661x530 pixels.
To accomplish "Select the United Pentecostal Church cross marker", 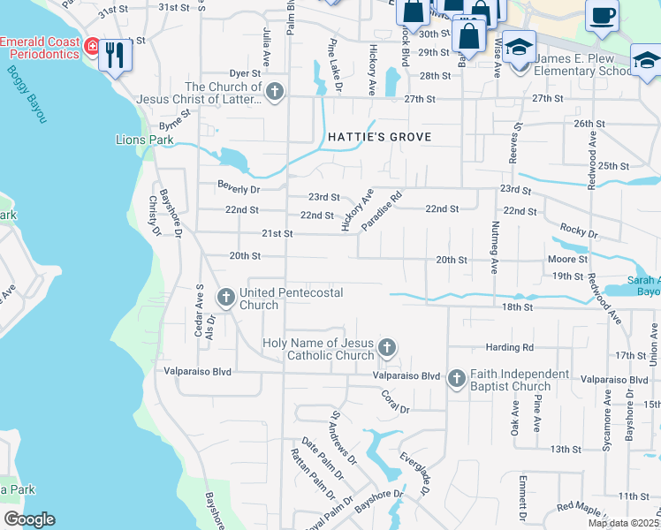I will pos(225,297).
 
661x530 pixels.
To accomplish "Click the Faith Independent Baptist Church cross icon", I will pos(457,379).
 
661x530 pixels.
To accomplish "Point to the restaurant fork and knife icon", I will pos(115,56).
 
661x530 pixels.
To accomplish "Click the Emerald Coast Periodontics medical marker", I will pos(91,44).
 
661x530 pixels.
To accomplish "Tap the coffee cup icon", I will pos(602,17).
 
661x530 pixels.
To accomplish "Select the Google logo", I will pos(28,519).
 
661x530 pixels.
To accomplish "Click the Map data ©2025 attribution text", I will pos(623,523).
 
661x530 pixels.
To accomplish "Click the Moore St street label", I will pos(567,260).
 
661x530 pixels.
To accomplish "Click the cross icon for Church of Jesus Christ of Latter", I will pos(275,91).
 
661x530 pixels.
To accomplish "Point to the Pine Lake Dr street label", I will pos(335,66).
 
